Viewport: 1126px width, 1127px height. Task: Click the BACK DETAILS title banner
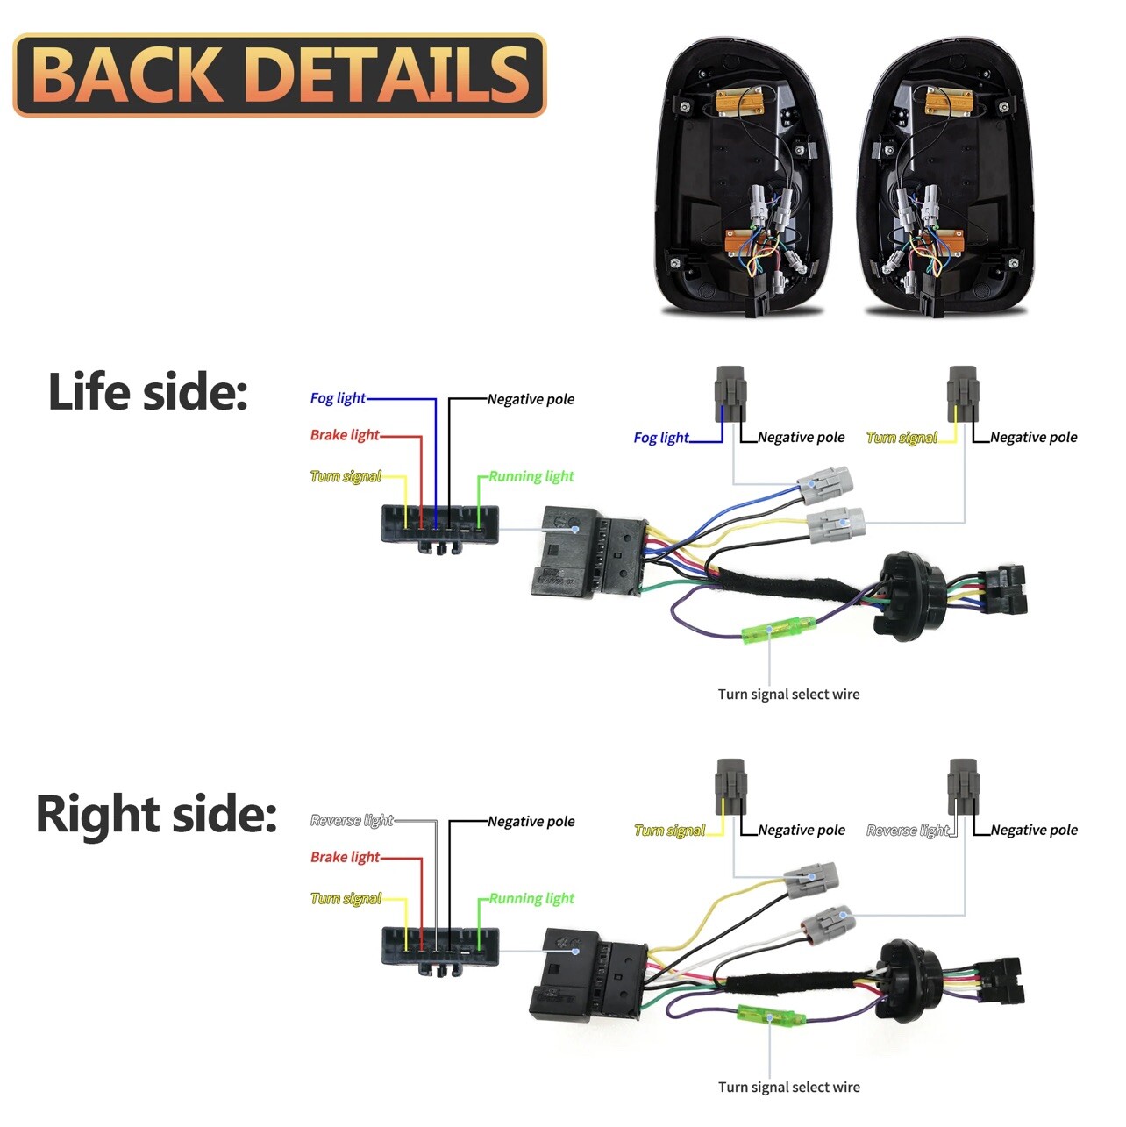[x=279, y=75]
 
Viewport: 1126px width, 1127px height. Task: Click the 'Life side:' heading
[x=147, y=392]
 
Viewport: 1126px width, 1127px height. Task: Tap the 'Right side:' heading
[x=156, y=814]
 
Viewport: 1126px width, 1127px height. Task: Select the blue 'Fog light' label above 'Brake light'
[x=338, y=398]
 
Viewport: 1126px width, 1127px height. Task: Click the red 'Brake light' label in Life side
[x=345, y=435]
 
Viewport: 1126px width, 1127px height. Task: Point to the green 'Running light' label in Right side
[x=531, y=899]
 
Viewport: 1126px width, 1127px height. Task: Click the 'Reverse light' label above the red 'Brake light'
[x=352, y=821]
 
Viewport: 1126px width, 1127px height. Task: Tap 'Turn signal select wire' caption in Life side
[x=788, y=695]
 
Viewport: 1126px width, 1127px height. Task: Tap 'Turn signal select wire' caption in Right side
[x=788, y=1088]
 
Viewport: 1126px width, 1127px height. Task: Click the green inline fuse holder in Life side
[x=779, y=630]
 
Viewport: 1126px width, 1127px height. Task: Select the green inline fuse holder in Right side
[x=772, y=1017]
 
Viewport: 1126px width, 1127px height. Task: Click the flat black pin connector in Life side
[x=439, y=525]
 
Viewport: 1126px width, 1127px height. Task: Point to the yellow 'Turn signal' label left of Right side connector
[x=346, y=899]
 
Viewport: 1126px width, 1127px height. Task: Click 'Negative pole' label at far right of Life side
[x=1033, y=438]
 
